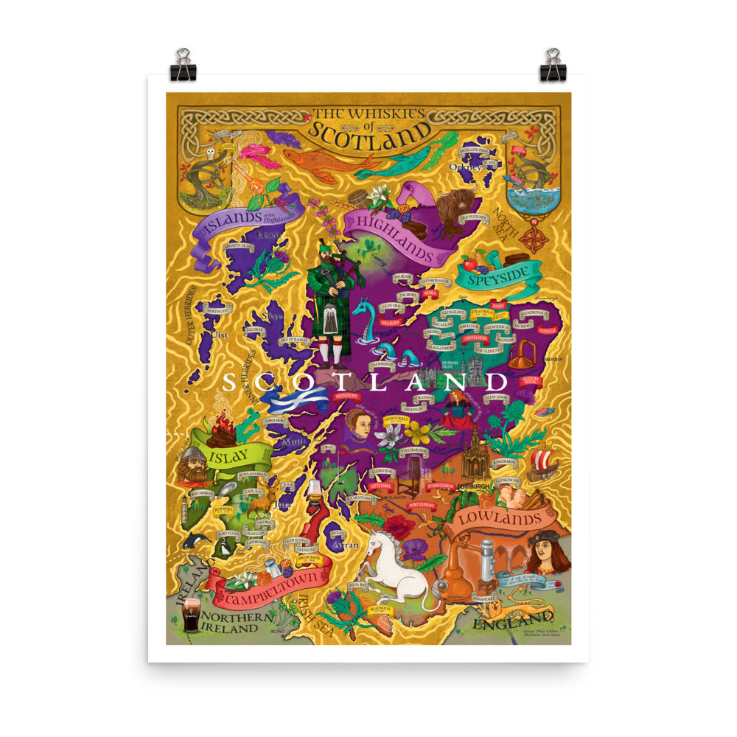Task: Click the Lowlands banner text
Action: (503, 518)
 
